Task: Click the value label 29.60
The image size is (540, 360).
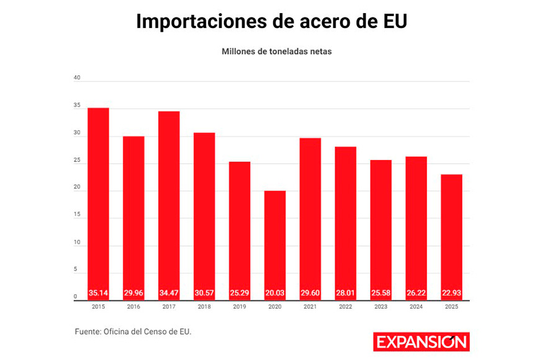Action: click(x=310, y=293)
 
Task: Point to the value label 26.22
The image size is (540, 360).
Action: click(x=416, y=293)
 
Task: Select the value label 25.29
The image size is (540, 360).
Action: click(x=240, y=293)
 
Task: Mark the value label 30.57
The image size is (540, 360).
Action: click(x=204, y=293)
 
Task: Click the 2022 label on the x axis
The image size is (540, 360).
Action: click(x=346, y=307)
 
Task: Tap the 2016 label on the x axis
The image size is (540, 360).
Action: click(x=133, y=307)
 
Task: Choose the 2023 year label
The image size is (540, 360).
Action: click(x=381, y=307)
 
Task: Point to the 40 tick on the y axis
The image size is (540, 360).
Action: click(x=77, y=78)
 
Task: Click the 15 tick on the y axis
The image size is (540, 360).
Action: click(x=77, y=215)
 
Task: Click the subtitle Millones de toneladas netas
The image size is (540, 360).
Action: click(x=277, y=52)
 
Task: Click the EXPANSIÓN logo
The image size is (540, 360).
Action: click(x=421, y=342)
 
